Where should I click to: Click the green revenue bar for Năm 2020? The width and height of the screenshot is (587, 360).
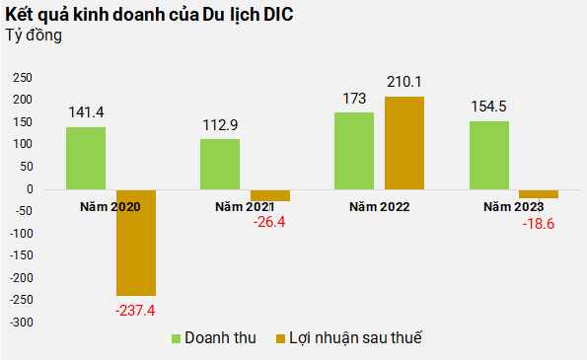[86, 158]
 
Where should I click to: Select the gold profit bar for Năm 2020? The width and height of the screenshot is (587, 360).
[136, 242]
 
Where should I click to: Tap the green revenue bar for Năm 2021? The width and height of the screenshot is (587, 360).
[220, 164]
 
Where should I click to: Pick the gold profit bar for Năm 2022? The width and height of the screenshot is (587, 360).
[404, 142]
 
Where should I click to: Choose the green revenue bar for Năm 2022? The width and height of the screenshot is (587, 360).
[354, 150]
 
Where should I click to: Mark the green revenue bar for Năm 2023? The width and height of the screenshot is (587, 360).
[488, 154]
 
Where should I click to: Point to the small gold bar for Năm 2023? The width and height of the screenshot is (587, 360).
[539, 193]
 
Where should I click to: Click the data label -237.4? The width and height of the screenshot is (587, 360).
[136, 311]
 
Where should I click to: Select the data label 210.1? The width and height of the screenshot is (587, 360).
[404, 81]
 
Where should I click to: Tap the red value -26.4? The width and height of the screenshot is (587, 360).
[270, 223]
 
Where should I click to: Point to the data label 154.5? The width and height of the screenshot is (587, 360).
[488, 105]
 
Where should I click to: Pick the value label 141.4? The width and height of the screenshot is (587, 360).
[86, 111]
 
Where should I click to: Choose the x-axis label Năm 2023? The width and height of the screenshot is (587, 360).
[513, 207]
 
